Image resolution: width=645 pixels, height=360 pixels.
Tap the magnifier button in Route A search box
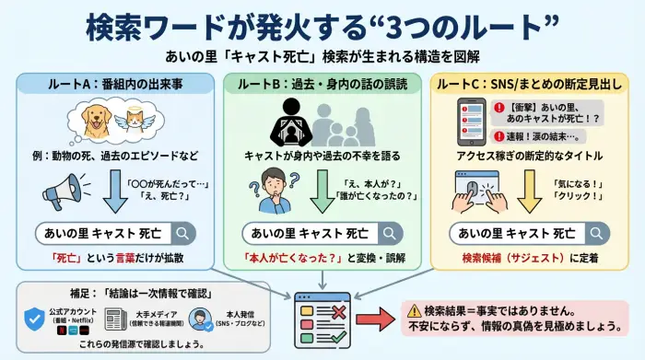coord(184,233)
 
